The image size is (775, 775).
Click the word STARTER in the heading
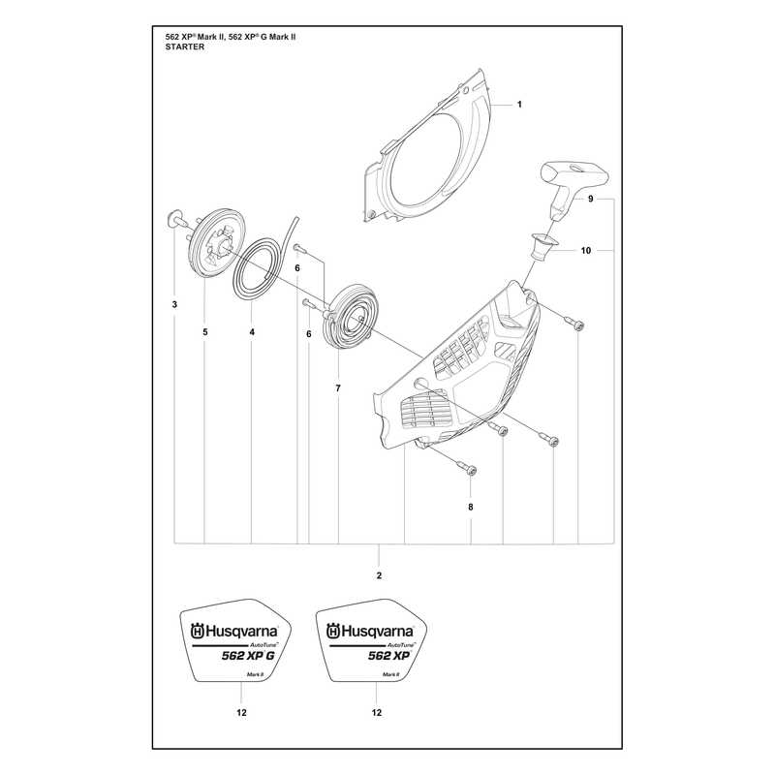pos(185,46)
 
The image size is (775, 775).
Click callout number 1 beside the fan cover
pos(519,105)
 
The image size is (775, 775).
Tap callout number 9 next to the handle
pos(591,199)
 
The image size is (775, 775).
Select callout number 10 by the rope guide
pos(586,251)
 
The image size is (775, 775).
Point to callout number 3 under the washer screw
pos(174,304)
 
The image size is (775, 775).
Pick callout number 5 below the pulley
pos(205,332)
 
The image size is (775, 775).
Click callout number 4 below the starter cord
pos(252,332)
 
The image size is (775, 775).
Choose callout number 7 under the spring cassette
pos(338,388)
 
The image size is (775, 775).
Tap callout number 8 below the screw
pos(471,507)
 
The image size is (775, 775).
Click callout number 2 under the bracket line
pos(379,575)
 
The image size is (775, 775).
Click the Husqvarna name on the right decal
pos(371,632)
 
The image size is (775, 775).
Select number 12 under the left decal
pos(241,712)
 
